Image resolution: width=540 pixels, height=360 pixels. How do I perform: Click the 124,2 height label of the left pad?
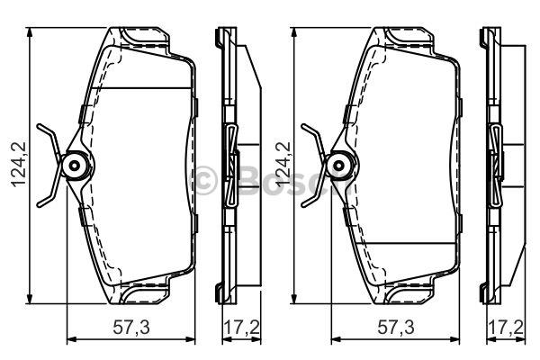click(x=18, y=165)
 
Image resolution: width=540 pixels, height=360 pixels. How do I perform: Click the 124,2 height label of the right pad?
click(x=283, y=165)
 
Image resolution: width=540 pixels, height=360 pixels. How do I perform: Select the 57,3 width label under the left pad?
click(x=131, y=327)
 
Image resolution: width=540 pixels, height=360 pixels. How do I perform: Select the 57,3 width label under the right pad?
click(x=396, y=327)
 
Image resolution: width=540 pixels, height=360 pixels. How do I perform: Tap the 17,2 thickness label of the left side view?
click(x=242, y=327)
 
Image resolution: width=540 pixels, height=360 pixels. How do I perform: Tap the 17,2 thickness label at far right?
click(x=506, y=327)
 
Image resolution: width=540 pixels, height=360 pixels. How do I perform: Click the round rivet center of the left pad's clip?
click(x=75, y=166)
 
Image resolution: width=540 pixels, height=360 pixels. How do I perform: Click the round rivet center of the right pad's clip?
click(x=339, y=166)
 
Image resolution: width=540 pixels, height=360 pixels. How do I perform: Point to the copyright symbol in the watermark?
click(x=205, y=179)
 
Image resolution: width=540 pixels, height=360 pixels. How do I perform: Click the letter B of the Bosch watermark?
click(x=248, y=180)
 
